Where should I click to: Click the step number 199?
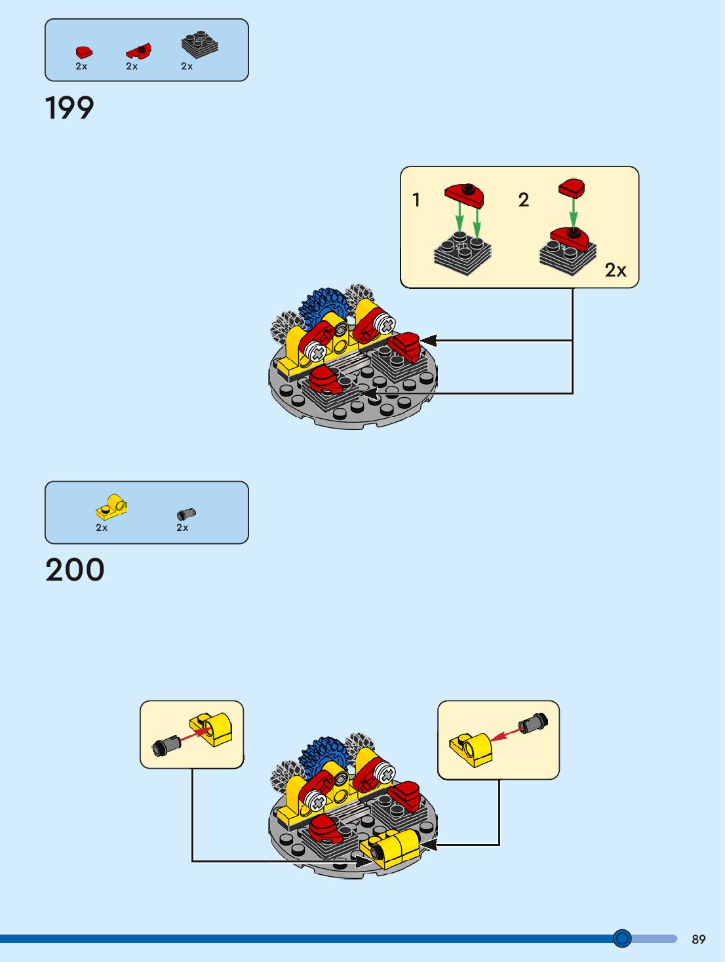pyautogui.click(x=69, y=108)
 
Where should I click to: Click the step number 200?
pyautogui.click(x=75, y=569)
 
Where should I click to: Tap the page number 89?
pyautogui.click(x=698, y=939)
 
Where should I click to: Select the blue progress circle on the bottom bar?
pyautogui.click(x=622, y=938)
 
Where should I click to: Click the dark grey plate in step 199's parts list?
pyautogui.click(x=199, y=45)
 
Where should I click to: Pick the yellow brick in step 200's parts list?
pyautogui.click(x=111, y=507)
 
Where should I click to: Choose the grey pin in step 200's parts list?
pyautogui.click(x=186, y=514)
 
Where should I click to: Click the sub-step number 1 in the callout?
pyautogui.click(x=416, y=200)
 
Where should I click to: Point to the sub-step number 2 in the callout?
pyautogui.click(x=523, y=200)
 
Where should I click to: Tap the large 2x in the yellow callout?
pyautogui.click(x=615, y=270)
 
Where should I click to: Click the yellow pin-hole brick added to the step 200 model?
pyautogui.click(x=395, y=849)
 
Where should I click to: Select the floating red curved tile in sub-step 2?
pyautogui.click(x=572, y=188)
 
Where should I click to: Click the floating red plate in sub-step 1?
pyautogui.click(x=464, y=193)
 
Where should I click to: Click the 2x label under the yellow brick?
pyautogui.click(x=102, y=528)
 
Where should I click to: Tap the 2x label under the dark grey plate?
pyautogui.click(x=187, y=66)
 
